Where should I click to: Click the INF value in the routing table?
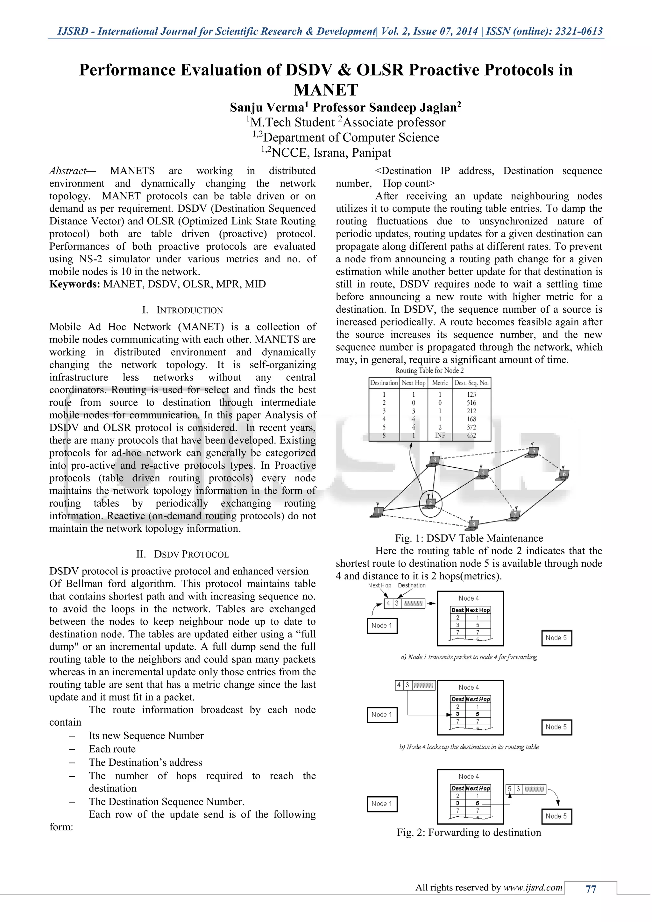point(440,435)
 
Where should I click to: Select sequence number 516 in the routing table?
point(471,402)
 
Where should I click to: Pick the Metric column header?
point(440,383)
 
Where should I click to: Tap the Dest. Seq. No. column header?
point(471,383)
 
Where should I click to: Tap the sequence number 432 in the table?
point(471,435)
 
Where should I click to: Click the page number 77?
point(591,889)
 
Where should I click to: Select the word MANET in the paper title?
point(326,90)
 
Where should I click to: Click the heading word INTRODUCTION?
point(189,310)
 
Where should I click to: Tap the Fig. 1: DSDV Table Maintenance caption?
point(469,538)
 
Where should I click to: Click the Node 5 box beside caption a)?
point(556,638)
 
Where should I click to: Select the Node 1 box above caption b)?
point(382,714)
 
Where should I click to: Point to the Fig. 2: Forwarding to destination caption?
point(469,833)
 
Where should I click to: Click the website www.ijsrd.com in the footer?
point(533,888)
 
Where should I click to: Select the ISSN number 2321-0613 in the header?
point(578,31)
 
